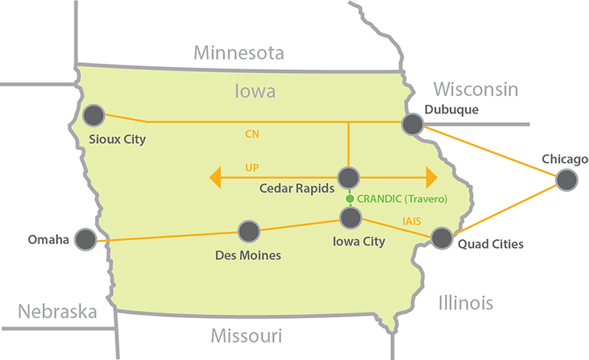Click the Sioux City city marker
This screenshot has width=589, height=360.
94,115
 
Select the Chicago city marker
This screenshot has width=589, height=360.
566,180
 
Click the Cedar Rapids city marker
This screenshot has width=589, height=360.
348,177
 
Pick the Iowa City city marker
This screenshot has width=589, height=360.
350,216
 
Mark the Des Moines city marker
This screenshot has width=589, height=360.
249,231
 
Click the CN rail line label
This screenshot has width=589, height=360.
253,135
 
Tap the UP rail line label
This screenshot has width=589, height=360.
252,168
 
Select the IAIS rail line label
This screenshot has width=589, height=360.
412,220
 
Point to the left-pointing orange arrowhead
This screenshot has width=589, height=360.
214,177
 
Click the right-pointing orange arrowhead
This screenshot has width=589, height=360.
428,177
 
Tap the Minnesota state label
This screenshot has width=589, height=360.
239,53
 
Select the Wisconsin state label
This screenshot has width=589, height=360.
476,89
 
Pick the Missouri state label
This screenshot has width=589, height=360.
246,336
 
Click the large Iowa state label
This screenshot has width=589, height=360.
254,91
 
